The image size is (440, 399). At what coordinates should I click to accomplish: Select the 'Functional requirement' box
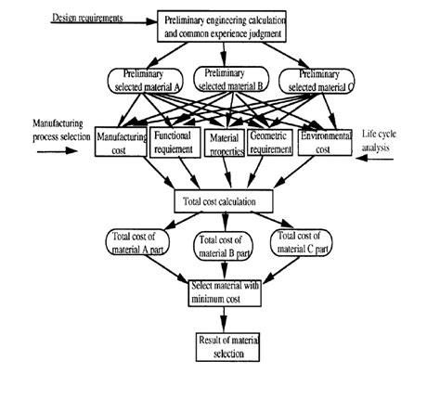tap(175, 141)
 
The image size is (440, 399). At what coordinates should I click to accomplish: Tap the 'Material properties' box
tap(224, 142)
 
